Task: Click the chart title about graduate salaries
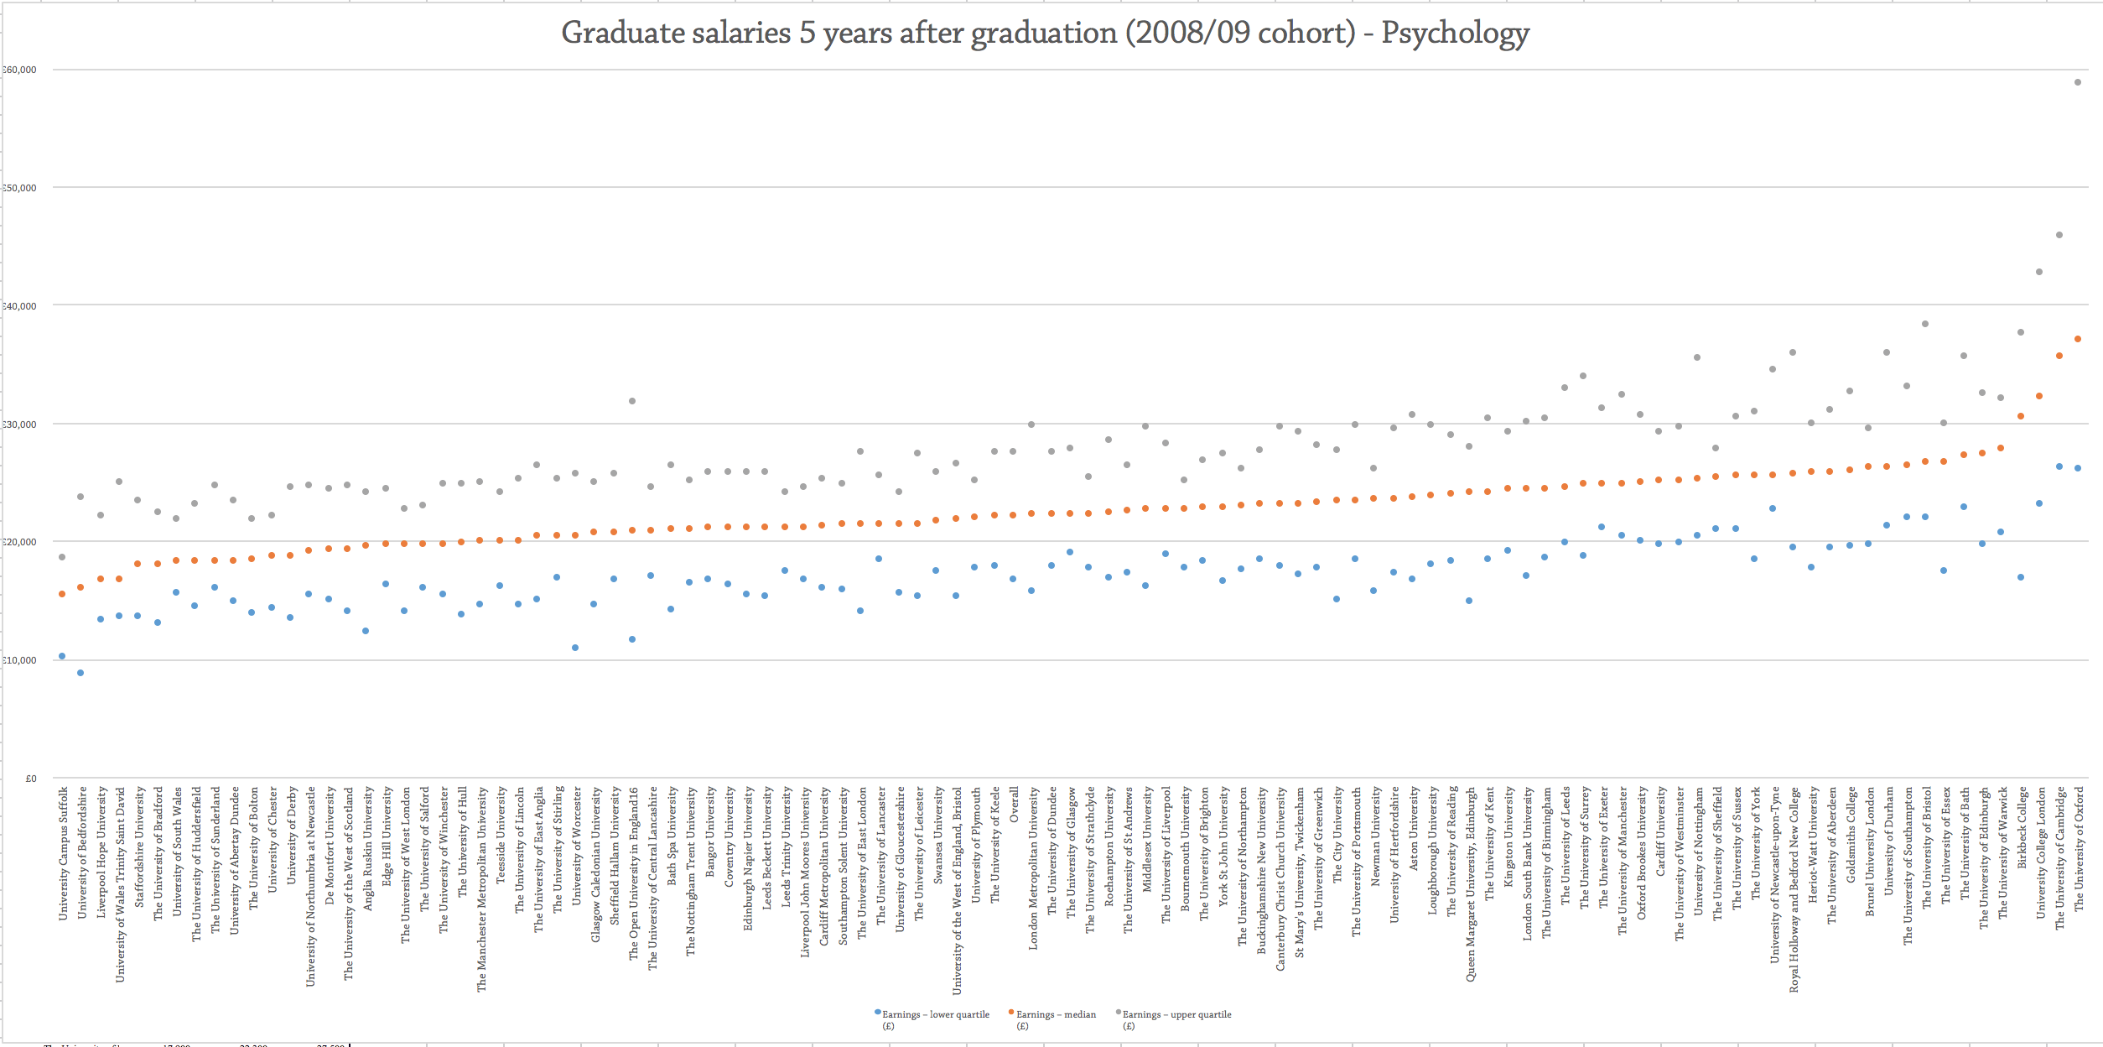[1045, 34]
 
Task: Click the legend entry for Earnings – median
[1055, 1015]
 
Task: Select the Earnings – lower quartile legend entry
[934, 1015]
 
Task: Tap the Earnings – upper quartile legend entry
[1176, 1015]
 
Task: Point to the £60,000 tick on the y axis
[20, 70]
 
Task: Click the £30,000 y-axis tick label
[20, 425]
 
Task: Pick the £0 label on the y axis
[31, 779]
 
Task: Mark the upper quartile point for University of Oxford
[2078, 82]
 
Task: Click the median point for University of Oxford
[2078, 339]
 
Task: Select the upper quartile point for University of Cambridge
[2059, 235]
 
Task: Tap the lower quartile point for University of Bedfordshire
[80, 673]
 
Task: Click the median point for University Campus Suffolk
[62, 594]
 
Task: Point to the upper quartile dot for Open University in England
[632, 401]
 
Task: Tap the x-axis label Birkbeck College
[2022, 827]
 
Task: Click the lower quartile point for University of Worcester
[575, 648]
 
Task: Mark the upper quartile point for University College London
[2039, 272]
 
